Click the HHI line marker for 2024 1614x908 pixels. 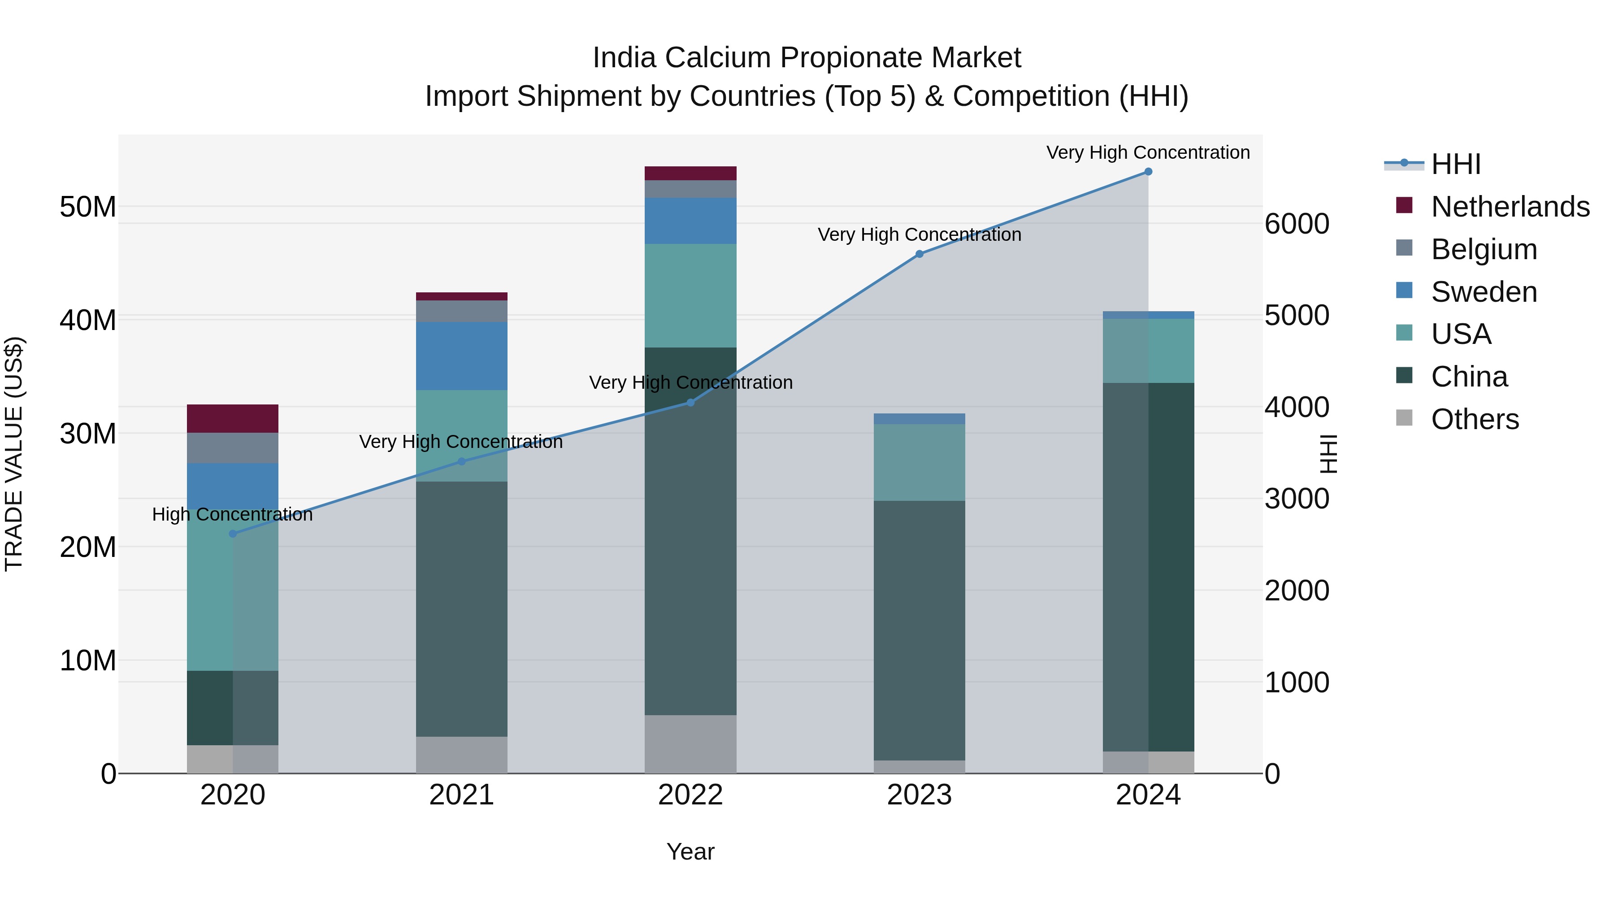click(x=1148, y=172)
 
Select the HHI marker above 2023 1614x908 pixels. click(x=919, y=254)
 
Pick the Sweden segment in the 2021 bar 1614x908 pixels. click(x=461, y=356)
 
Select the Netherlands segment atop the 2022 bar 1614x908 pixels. click(x=690, y=174)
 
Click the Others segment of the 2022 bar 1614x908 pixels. click(x=690, y=744)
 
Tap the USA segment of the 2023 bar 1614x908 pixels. click(x=919, y=462)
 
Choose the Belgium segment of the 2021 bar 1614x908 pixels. click(x=461, y=312)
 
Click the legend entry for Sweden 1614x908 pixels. click(x=1484, y=292)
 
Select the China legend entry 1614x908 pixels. click(x=1469, y=377)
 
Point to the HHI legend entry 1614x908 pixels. click(x=1455, y=164)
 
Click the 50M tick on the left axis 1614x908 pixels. click(x=88, y=207)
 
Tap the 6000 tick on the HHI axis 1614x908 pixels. click(x=1296, y=224)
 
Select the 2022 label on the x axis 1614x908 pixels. click(x=690, y=795)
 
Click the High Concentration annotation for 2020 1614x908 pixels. click(x=232, y=514)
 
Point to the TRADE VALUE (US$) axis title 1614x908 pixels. click(x=14, y=454)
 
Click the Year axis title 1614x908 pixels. click(x=690, y=852)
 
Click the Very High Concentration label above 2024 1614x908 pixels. click(x=1147, y=152)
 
